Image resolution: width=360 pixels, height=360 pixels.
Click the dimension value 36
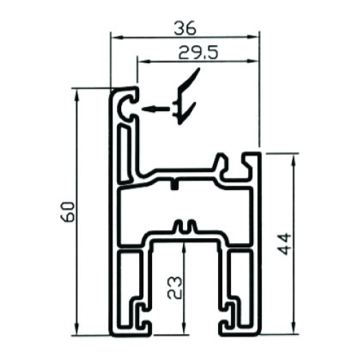(185, 28)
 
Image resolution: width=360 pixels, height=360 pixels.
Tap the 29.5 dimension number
(199, 52)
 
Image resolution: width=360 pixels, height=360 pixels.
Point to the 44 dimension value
(285, 244)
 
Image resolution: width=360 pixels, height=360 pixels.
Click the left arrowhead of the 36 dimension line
(118, 37)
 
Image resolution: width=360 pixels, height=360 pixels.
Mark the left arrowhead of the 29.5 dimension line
(145, 62)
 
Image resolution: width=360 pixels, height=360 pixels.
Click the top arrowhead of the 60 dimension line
(77, 95)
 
